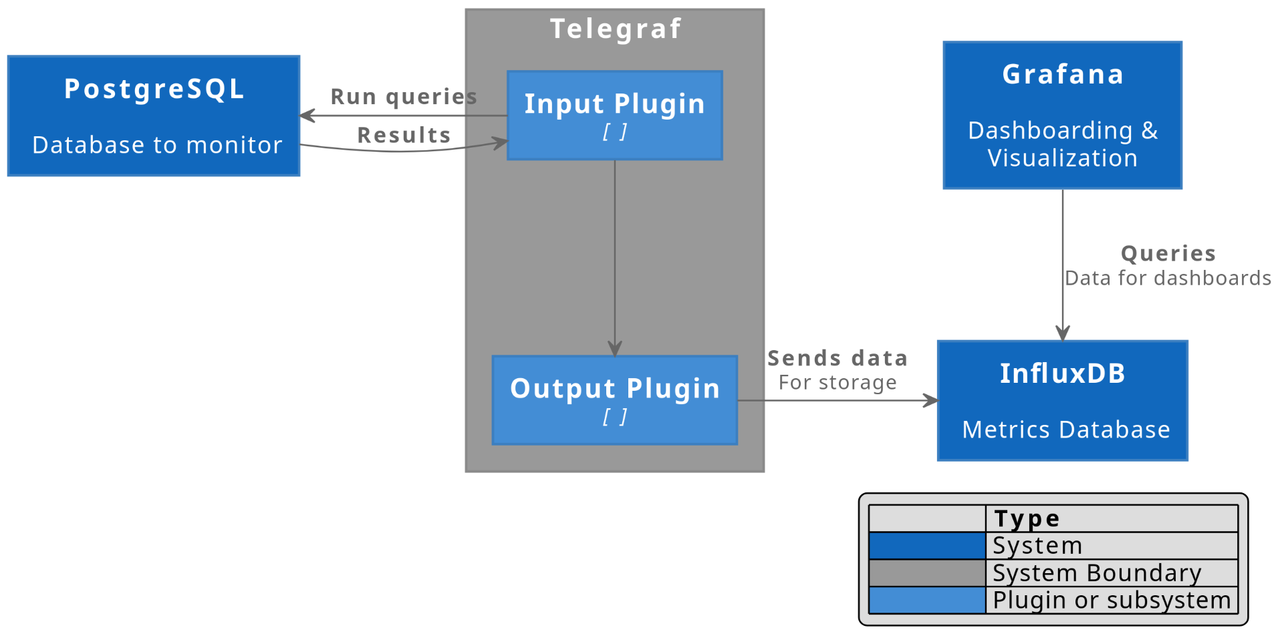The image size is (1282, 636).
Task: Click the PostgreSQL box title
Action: pos(154,90)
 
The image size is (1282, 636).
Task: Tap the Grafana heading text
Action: pos(1063,74)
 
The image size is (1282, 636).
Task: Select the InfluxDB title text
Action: pos(1063,373)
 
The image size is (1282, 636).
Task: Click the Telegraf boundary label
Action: pos(615,29)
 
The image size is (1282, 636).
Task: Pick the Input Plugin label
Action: pos(615,104)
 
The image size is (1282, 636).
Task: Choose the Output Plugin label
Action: pos(615,389)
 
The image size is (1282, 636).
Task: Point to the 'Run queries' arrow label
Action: pos(404,97)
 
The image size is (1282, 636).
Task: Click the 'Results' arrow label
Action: pos(404,135)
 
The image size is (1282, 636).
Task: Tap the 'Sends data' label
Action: pos(838,358)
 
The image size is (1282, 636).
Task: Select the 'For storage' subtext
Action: pos(838,382)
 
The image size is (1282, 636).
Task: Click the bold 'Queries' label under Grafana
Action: pos(1168,253)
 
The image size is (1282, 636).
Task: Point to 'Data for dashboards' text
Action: pos(1168,278)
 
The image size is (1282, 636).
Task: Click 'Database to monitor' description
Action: pos(157,145)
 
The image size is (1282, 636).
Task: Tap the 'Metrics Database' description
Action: pos(1066,430)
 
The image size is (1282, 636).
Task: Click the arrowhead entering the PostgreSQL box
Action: pos(307,116)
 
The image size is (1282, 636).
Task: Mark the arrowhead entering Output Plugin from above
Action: pos(615,348)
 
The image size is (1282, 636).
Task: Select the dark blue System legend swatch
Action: pos(927,546)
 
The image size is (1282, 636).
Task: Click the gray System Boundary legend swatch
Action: pos(927,573)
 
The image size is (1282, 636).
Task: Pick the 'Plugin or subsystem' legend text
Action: pos(1112,600)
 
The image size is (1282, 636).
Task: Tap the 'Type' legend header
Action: pos(1027,518)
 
